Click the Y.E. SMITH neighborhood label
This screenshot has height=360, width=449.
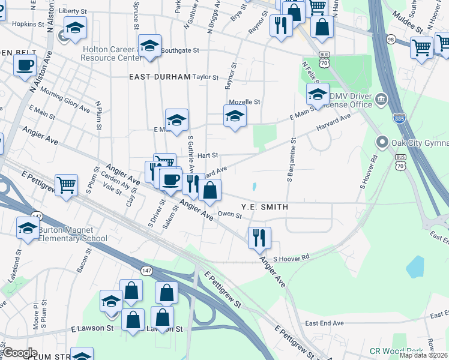(x=265, y=207)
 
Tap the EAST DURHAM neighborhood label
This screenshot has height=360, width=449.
(x=158, y=77)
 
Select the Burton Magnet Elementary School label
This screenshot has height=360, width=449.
(x=73, y=234)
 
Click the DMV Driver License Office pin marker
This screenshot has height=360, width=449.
(x=380, y=99)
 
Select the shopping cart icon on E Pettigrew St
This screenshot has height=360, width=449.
(x=66, y=184)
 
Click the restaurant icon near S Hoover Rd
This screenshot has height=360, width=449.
(x=259, y=237)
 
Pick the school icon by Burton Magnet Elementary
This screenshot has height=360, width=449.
(x=27, y=229)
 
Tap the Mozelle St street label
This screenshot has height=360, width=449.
(x=247, y=102)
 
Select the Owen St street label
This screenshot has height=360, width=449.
(x=229, y=214)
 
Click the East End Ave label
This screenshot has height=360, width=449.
(x=324, y=323)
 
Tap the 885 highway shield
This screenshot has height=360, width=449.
(x=397, y=118)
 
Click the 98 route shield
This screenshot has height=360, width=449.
(x=391, y=39)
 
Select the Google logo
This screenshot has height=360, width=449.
(x=20, y=353)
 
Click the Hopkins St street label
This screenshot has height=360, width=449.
(x=25, y=24)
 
